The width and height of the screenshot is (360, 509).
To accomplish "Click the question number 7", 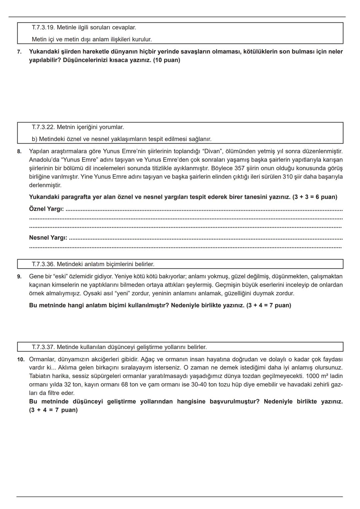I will click(19, 52).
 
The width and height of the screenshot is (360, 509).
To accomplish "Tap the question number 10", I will click(21, 360).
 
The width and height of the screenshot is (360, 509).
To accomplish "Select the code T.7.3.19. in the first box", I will click(43, 27).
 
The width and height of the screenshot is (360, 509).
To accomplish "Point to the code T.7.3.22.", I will click(43, 127).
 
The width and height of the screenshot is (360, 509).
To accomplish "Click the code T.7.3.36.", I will click(43, 264).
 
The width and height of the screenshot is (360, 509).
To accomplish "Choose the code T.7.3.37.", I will click(43, 347).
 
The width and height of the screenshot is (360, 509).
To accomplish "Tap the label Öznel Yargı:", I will click(46, 209).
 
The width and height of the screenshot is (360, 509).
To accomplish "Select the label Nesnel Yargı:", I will click(48, 238).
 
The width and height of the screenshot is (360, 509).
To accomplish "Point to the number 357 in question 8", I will click(240, 168).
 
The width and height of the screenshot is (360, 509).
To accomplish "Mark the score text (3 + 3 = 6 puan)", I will click(315, 197).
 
